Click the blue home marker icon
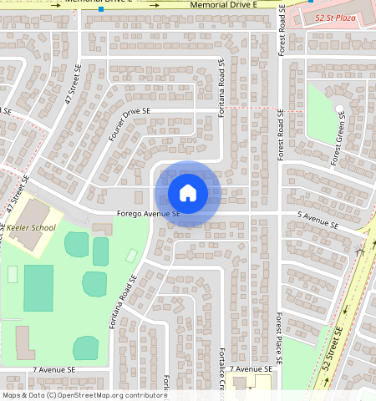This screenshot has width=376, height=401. (188, 193)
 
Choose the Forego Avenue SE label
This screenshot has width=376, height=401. (148, 214)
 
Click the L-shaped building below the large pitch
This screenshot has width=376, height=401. (24, 343)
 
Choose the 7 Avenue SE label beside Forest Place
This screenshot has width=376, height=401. (252, 368)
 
